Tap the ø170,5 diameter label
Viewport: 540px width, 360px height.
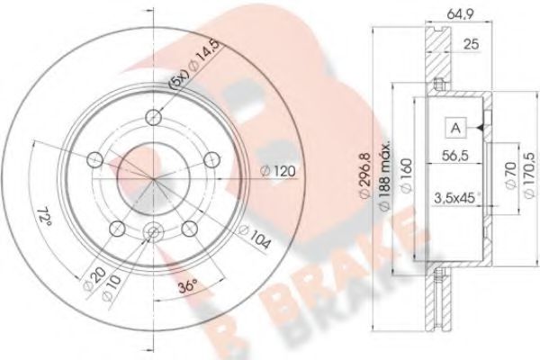tap(526, 180)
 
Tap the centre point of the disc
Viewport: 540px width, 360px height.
tap(154, 180)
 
